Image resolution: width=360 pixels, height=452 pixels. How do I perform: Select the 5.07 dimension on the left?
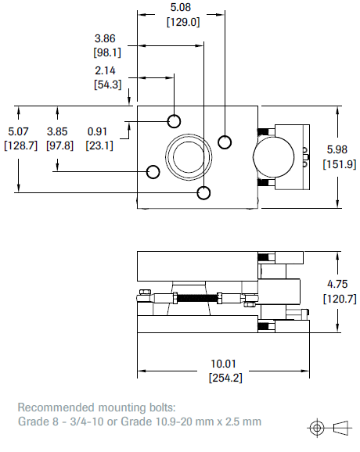click(x=17, y=131)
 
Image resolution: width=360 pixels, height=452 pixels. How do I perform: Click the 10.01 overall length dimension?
click(x=225, y=364)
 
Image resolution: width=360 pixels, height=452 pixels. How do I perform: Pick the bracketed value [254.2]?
click(x=225, y=378)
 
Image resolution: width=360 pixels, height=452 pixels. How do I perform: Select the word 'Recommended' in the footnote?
click(x=54, y=407)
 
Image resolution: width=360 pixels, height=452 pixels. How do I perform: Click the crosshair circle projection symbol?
click(x=317, y=427)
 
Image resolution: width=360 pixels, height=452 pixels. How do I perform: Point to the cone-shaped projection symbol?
click(x=341, y=427)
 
